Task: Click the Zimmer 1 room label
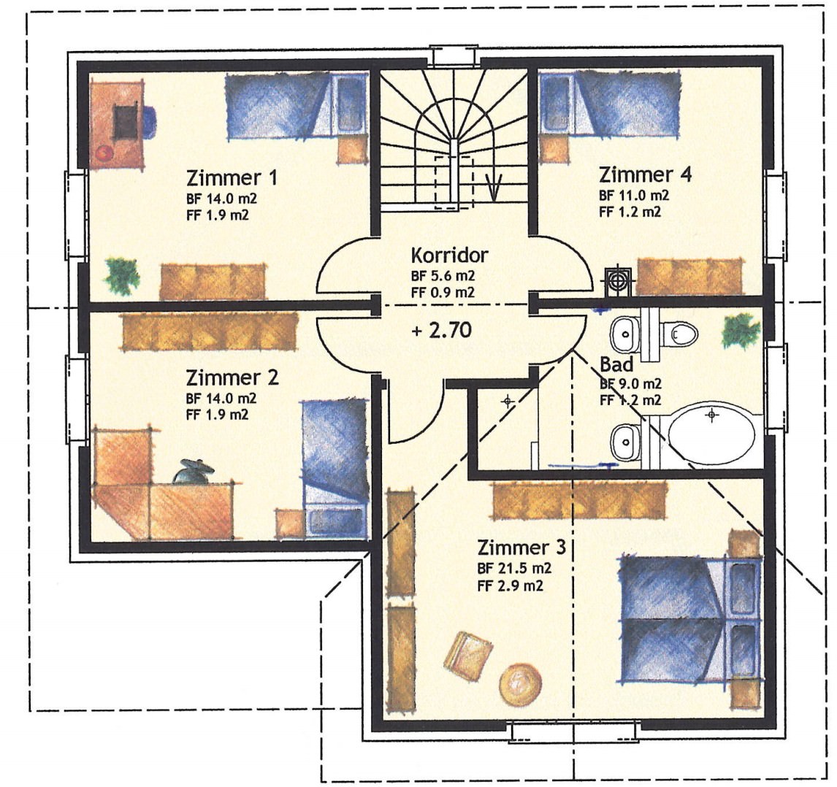click(x=232, y=177)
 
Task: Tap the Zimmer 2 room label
click(x=232, y=377)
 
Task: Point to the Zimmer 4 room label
click(x=646, y=174)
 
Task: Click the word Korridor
click(x=449, y=255)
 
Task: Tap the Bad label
click(x=616, y=364)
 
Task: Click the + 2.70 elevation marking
click(x=442, y=330)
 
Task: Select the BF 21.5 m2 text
click(x=514, y=569)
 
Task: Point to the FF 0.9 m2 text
click(x=443, y=293)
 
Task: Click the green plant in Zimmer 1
click(x=122, y=275)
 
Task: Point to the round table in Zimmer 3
click(x=521, y=685)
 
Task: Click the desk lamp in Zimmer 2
click(x=194, y=471)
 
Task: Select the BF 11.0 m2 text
click(x=634, y=195)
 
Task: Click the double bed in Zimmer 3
click(x=689, y=619)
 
